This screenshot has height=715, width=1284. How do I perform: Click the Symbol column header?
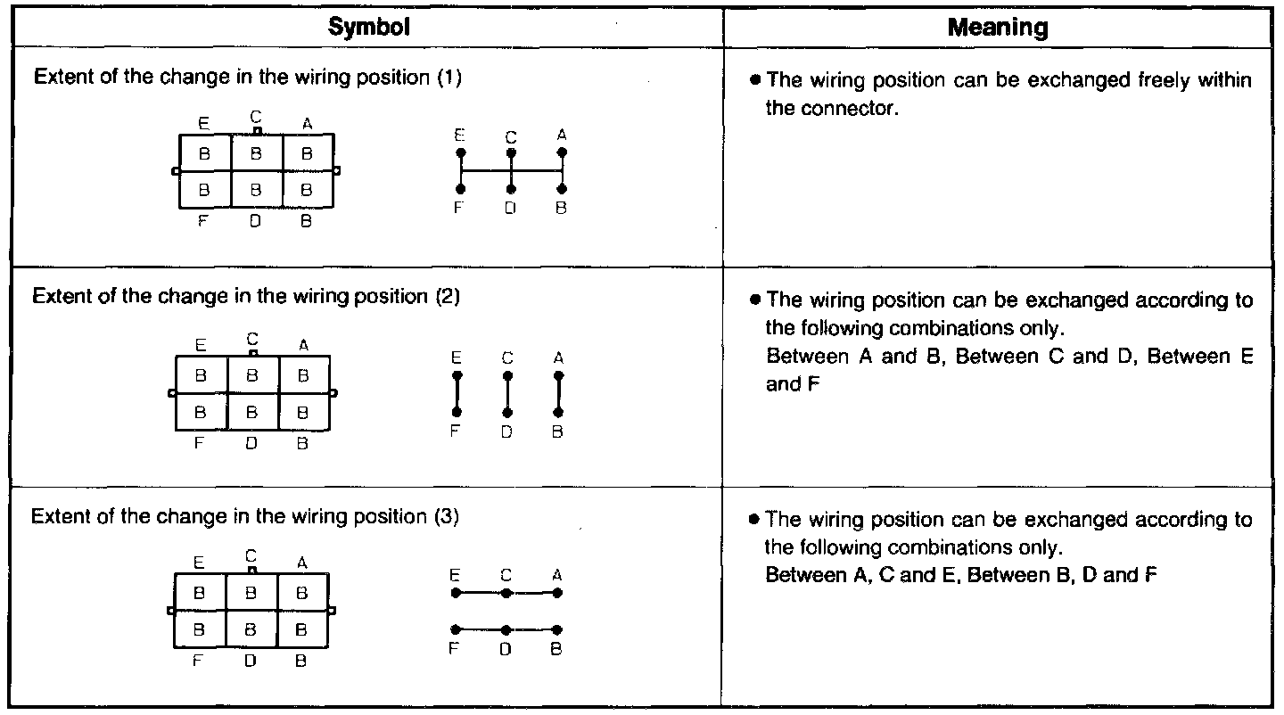click(x=368, y=28)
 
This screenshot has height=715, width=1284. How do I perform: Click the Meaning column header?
click(x=997, y=28)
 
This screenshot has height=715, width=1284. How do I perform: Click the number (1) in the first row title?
click(x=449, y=78)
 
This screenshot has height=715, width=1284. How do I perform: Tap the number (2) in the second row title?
click(x=448, y=296)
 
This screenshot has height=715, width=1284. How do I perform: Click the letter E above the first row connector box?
click(x=204, y=125)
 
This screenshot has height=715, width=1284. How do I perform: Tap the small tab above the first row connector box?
click(x=257, y=131)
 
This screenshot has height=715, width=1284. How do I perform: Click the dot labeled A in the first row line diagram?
click(x=562, y=153)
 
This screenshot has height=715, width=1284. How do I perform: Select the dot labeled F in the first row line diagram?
click(x=461, y=189)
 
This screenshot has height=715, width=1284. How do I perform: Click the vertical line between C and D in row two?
click(x=507, y=394)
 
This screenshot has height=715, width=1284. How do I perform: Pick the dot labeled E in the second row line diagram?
click(x=457, y=376)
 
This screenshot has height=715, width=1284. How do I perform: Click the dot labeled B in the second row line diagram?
click(x=558, y=413)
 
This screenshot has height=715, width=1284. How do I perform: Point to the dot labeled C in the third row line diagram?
click(x=506, y=592)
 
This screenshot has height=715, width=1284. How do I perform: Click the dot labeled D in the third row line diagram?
click(x=506, y=629)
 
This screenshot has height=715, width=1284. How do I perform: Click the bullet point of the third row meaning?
click(x=753, y=519)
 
